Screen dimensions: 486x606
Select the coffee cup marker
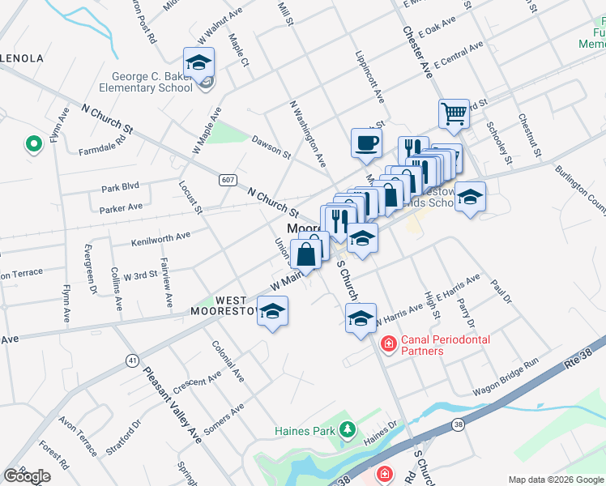click(365, 143)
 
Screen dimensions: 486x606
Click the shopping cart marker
click(454, 113)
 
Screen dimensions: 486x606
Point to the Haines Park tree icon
click(348, 429)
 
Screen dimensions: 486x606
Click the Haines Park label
click(305, 430)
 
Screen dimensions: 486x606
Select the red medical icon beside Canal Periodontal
click(388, 344)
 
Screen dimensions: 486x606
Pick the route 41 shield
click(131, 360)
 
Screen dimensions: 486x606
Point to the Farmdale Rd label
click(102, 145)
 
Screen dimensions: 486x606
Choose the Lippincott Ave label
click(369, 79)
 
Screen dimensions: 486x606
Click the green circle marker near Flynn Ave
click(34, 144)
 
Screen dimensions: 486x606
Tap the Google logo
click(28, 475)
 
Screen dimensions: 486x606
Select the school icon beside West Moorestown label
click(273, 313)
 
